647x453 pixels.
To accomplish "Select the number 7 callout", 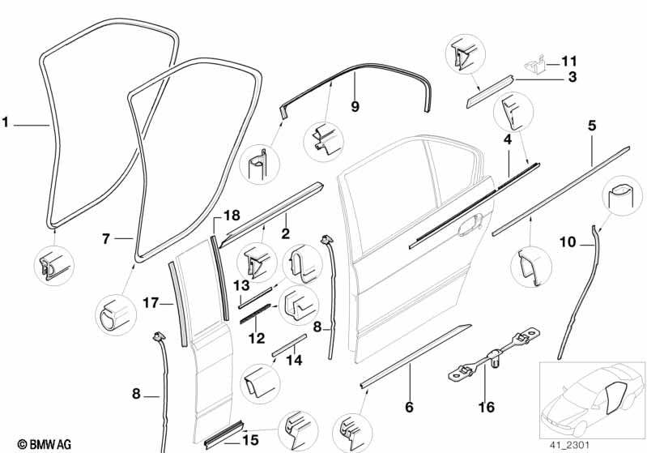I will (x=106, y=238).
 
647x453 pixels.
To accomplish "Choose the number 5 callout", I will (x=592, y=126).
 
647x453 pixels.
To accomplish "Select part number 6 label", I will (x=410, y=406).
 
